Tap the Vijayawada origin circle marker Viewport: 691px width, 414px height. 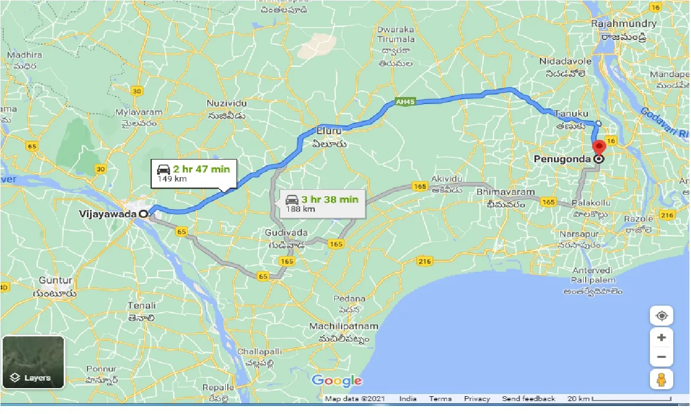[x=143, y=213]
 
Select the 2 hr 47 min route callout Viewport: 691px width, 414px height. [x=193, y=173]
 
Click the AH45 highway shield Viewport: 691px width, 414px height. [x=403, y=101]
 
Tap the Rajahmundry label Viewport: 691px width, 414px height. [x=624, y=24]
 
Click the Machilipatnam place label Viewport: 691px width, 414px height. [x=343, y=327]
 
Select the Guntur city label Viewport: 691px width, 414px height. [x=56, y=280]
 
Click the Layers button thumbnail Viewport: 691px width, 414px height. [x=33, y=362]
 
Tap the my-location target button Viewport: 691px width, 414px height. [x=661, y=315]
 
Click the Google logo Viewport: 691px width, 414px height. [x=337, y=381]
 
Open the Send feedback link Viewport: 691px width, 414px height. [x=529, y=399]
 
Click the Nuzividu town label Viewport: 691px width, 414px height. [x=226, y=102]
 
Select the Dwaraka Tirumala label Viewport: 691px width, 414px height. [x=396, y=34]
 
